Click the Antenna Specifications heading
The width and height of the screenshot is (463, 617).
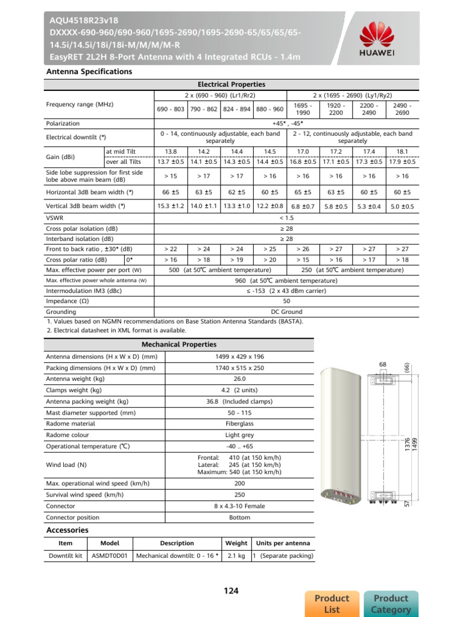(89, 72)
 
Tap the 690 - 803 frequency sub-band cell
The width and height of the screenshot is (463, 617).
(171, 109)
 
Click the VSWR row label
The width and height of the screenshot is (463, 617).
(55, 217)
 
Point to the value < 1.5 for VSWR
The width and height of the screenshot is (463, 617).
(286, 217)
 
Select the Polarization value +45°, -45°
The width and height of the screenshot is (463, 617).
(286, 123)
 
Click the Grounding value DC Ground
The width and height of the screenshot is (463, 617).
(286, 312)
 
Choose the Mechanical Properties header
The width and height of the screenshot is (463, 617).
(178, 345)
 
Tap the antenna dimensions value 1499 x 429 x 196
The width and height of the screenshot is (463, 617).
(239, 356)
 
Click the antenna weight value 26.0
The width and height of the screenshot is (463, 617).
(239, 379)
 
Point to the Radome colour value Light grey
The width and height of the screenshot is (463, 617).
(239, 435)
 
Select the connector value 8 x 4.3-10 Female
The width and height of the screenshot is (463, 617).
(239, 506)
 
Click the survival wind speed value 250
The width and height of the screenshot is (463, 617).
(239, 495)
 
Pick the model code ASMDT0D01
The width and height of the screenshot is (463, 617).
(110, 556)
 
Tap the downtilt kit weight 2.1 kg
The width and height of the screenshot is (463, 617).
(236, 556)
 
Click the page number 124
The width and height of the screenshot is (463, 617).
(231, 591)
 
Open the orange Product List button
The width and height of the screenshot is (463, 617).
(332, 604)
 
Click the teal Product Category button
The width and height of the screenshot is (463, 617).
(391, 604)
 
